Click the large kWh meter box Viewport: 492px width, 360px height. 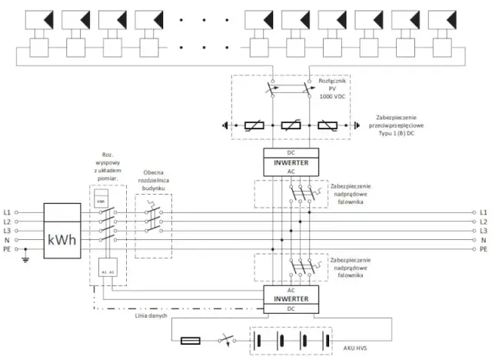point(61,239)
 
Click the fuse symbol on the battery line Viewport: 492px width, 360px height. point(190,339)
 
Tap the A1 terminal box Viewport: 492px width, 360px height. point(103,272)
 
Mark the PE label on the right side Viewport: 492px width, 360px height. point(484,249)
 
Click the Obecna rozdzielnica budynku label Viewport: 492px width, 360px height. point(153,182)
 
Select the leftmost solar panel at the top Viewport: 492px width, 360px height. point(38,18)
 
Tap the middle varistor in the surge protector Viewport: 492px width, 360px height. point(290,125)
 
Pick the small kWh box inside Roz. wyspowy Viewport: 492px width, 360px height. point(101,201)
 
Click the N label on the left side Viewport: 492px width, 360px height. point(8,240)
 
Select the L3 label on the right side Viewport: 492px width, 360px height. point(484,231)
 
